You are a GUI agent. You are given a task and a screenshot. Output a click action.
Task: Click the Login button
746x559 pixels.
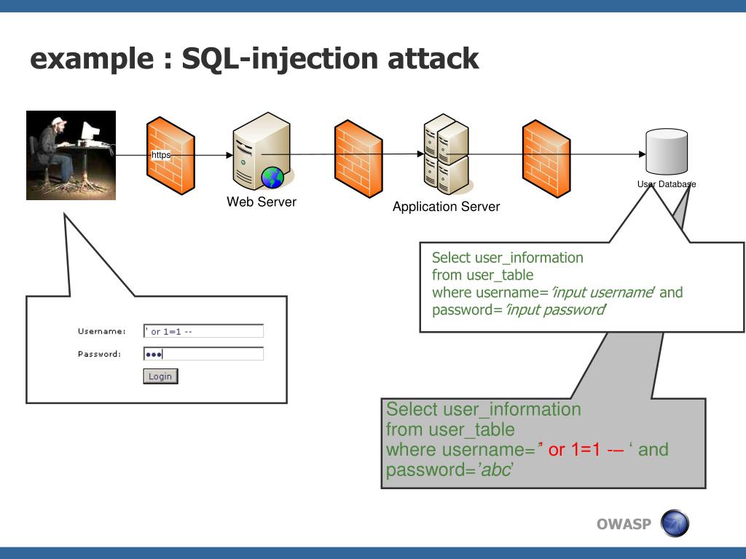pos(160,376)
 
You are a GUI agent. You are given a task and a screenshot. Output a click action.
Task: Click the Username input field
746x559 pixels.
pos(203,332)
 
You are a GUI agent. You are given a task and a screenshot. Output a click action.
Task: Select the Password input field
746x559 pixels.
pos(203,354)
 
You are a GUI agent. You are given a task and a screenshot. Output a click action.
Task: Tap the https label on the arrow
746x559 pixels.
pos(160,155)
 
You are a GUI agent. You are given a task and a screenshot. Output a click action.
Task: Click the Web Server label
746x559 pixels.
pos(262,202)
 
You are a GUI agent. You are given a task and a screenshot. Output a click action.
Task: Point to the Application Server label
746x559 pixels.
pos(446,207)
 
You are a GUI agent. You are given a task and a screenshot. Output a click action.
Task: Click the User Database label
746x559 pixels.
pos(667,184)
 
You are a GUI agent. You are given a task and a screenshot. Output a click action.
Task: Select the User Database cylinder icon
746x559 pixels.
pos(667,151)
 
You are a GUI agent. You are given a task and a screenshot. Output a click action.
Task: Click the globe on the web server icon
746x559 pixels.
pos(272,177)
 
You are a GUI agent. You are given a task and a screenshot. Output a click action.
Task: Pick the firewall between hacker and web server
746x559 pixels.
pos(171,155)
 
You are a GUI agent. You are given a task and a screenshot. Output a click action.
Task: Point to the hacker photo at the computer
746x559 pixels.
pos(71,155)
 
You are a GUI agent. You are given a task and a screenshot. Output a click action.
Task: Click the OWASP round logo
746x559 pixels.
pos(673,523)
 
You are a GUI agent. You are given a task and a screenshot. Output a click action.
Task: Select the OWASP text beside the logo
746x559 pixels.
pos(623,524)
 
